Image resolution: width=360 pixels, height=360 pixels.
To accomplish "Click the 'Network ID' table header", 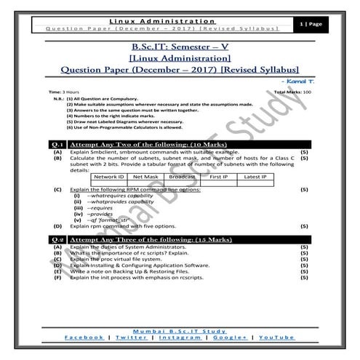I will click(x=110, y=177).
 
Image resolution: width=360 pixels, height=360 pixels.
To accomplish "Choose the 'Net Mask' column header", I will click(x=145, y=177).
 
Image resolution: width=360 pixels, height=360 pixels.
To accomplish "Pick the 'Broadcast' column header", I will click(x=182, y=177).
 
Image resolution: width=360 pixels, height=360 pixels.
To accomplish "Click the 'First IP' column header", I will click(x=219, y=177).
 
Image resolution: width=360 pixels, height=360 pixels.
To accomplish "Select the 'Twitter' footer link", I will click(x=130, y=337).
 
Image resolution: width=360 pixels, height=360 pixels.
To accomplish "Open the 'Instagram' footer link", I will click(x=180, y=337).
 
